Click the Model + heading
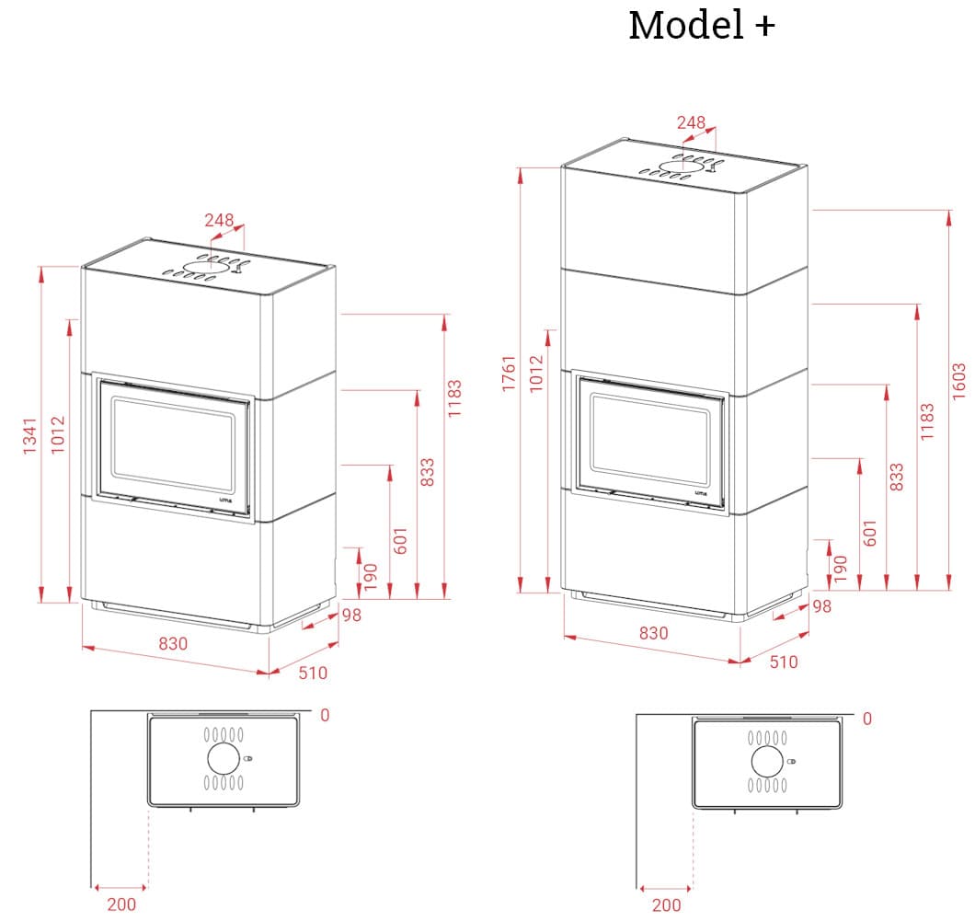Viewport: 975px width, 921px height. (x=701, y=26)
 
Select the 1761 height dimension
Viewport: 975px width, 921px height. (x=510, y=374)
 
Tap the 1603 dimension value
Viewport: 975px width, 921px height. (x=959, y=380)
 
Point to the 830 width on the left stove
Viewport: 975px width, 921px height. (x=172, y=644)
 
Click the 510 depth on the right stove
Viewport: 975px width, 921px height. (x=784, y=662)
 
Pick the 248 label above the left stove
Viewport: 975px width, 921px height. (x=219, y=221)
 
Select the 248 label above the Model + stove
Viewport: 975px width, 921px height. (x=691, y=122)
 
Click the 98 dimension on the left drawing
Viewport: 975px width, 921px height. (x=352, y=615)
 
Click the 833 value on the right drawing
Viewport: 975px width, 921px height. (x=898, y=477)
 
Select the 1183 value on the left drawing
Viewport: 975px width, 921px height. (x=454, y=397)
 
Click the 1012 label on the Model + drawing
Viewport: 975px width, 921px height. (x=537, y=374)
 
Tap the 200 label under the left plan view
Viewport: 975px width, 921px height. (x=121, y=904)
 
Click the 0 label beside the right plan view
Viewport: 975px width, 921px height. (x=866, y=719)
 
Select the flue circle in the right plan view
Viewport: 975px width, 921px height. (x=766, y=762)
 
